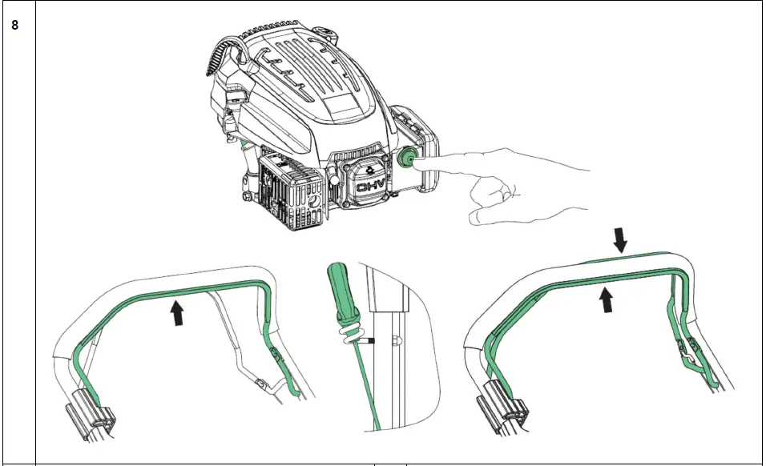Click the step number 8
14,25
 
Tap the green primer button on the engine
405,159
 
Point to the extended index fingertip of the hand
419,163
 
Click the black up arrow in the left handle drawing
176,311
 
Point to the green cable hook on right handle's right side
690,352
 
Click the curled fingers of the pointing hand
489,197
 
